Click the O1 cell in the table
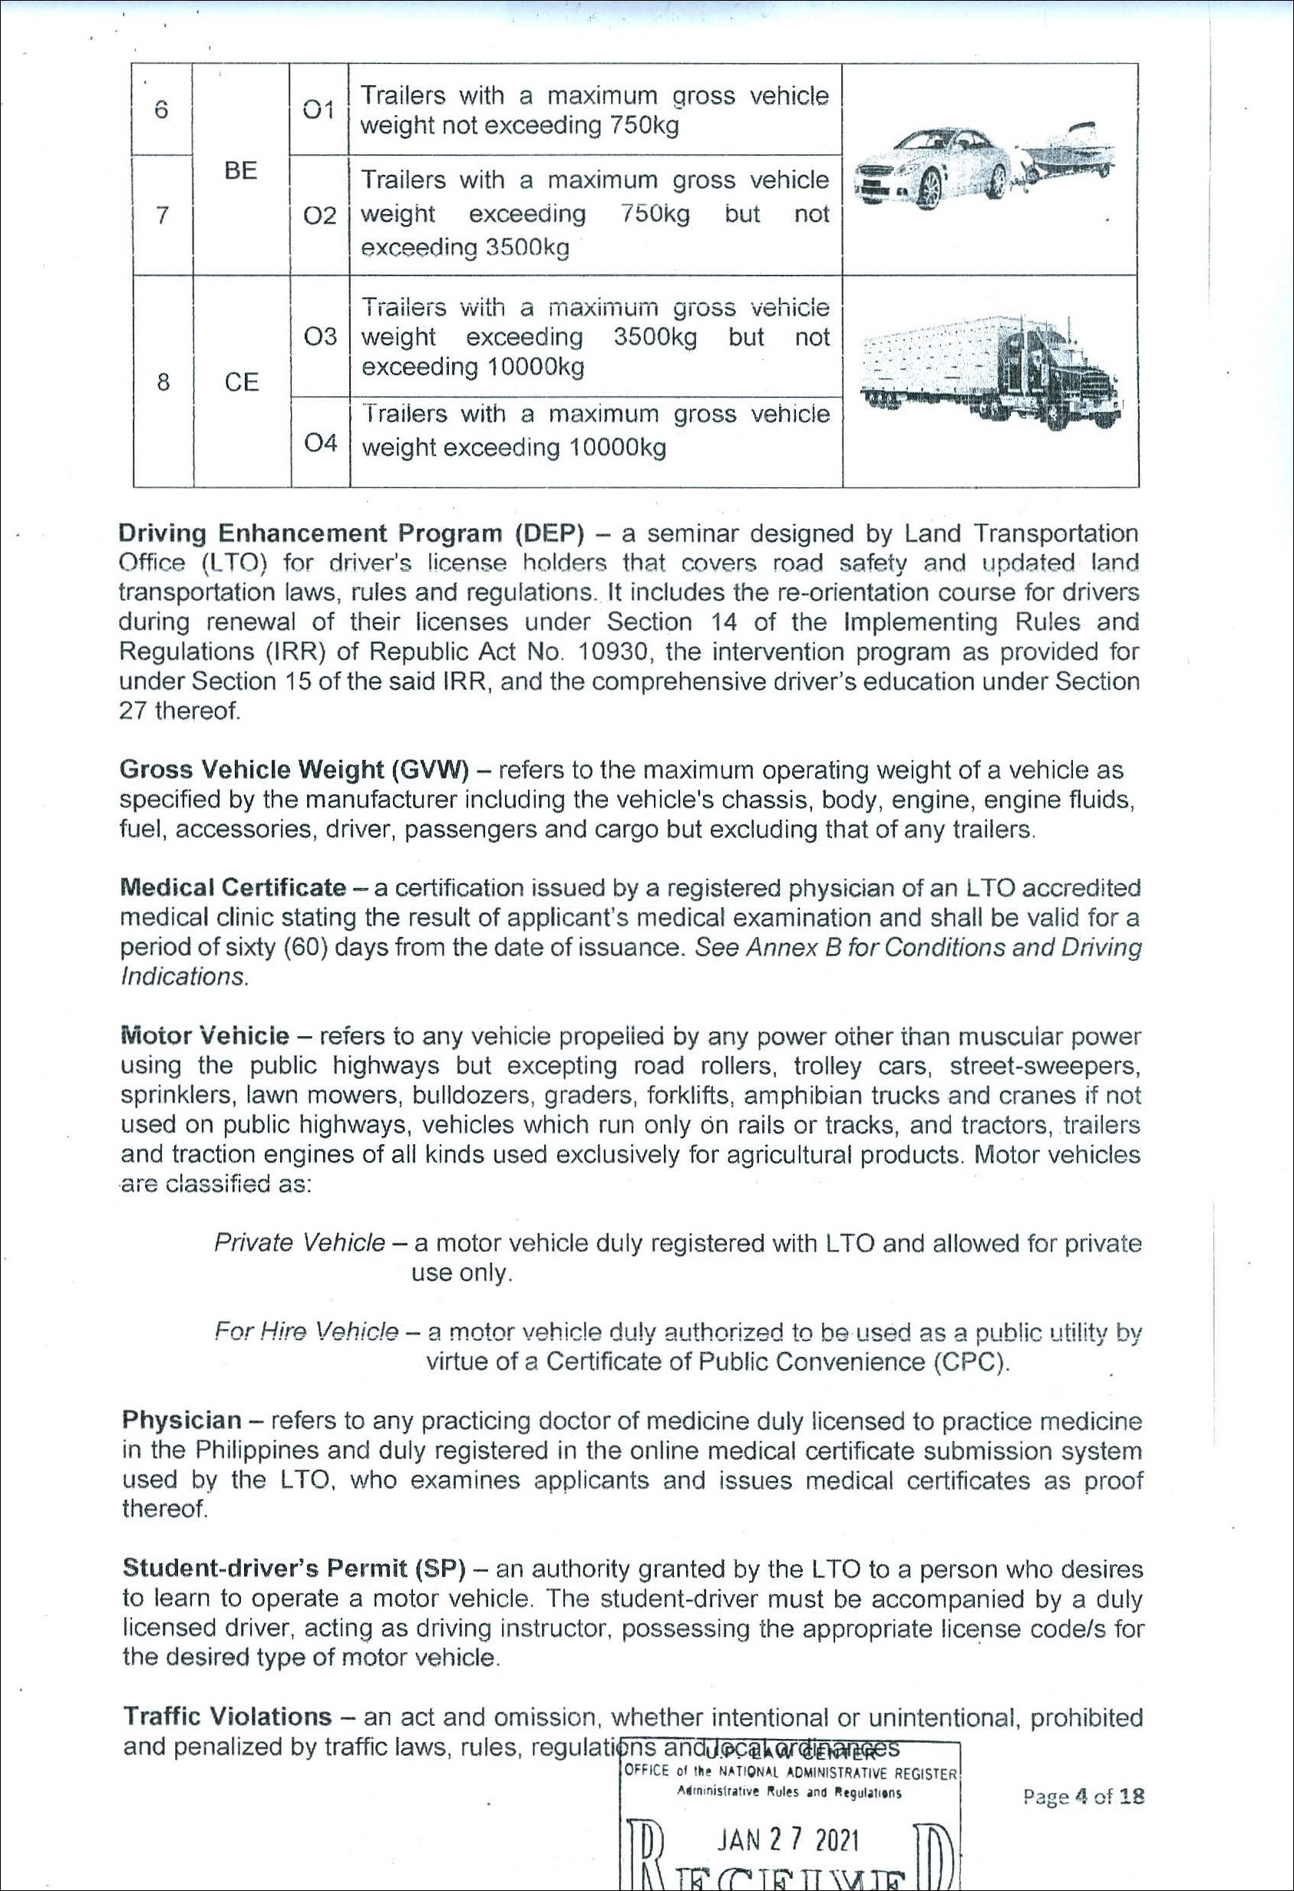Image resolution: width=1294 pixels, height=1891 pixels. pyautogui.click(x=319, y=109)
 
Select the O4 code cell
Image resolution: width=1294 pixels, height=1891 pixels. pyautogui.click(x=320, y=443)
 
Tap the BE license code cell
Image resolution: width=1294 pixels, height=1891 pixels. pyautogui.click(x=241, y=170)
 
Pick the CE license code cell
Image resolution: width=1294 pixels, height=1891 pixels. pyautogui.click(x=242, y=381)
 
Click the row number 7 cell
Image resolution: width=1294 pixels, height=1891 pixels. pyautogui.click(x=163, y=215)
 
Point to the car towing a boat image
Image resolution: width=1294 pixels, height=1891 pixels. pyautogui.click(x=985, y=166)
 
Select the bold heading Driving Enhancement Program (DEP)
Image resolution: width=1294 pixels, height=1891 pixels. pyautogui.click(x=352, y=534)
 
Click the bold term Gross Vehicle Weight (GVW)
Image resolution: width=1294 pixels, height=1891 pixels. pyautogui.click(x=294, y=770)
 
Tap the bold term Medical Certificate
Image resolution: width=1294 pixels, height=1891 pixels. pyautogui.click(x=233, y=887)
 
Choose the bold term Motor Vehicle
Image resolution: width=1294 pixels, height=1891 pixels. pyautogui.click(x=204, y=1036)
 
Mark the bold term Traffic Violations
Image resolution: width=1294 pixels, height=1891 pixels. pyautogui.click(x=227, y=1716)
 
